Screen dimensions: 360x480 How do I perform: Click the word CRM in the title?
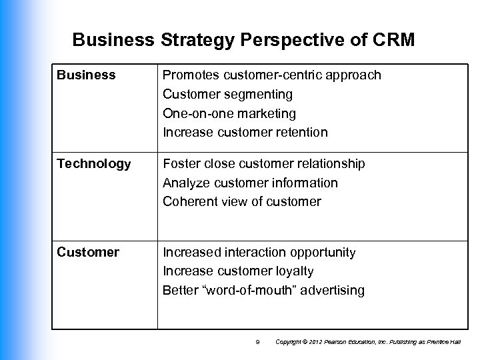(x=393, y=41)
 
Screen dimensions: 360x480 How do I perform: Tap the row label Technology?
(x=94, y=164)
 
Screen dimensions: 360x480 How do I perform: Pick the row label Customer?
(x=88, y=253)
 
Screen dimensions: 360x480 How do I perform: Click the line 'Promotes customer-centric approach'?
(x=272, y=75)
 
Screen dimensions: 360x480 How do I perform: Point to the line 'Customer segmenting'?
(x=227, y=95)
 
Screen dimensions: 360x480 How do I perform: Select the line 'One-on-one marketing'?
(x=229, y=113)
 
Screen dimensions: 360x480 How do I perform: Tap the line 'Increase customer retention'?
(x=245, y=133)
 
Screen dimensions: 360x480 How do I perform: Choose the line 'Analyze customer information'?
(x=250, y=183)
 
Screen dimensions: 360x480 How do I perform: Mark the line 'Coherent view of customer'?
(x=242, y=202)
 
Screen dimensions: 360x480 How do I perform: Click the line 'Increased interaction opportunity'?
(x=260, y=253)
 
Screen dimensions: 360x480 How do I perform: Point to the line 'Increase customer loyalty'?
(x=238, y=271)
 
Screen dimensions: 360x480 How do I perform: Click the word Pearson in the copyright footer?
(x=331, y=342)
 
